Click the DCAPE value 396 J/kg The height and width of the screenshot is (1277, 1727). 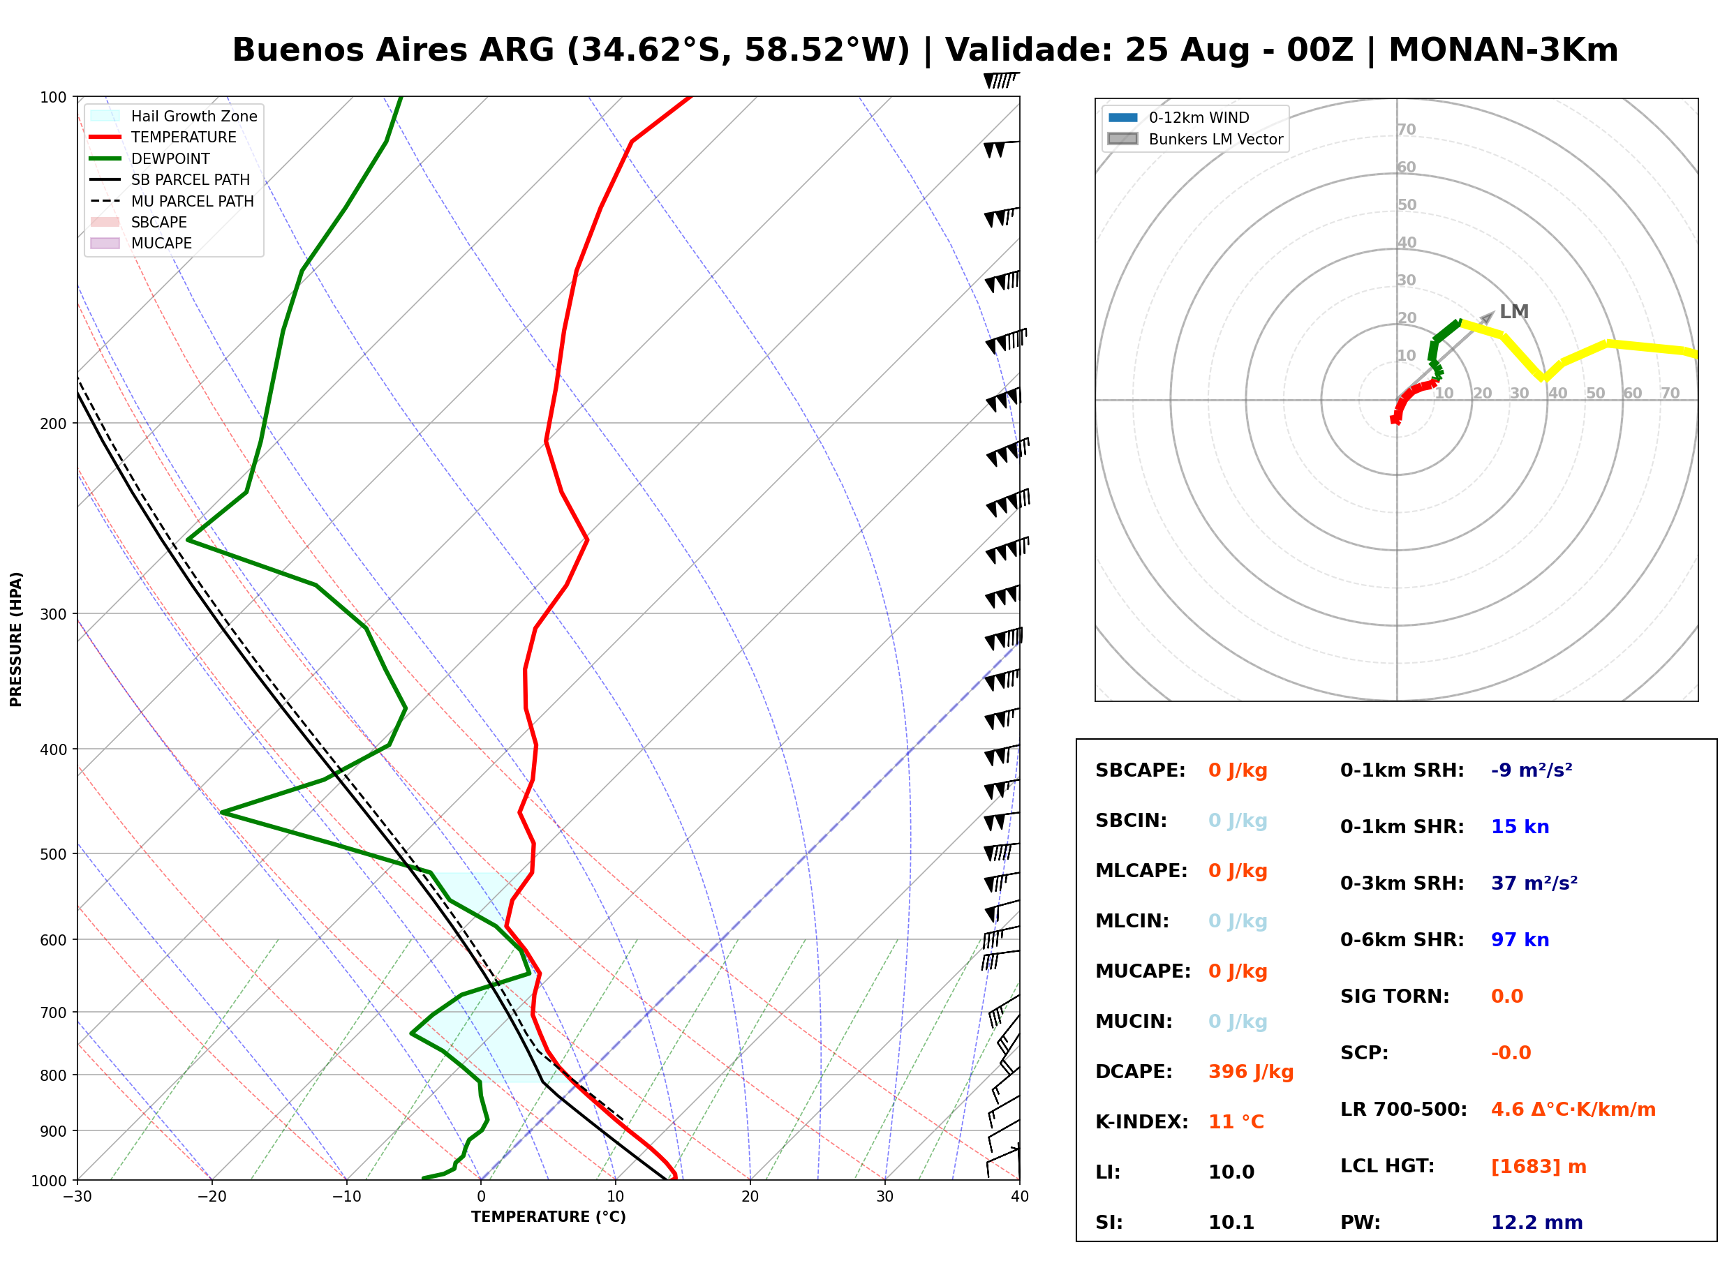coord(1251,1071)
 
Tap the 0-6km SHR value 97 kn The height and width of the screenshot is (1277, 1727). coord(1520,939)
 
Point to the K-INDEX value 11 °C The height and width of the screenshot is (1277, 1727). coord(1236,1121)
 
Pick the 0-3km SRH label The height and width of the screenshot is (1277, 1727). coord(1402,883)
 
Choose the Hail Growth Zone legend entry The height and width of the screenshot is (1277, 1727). coord(174,116)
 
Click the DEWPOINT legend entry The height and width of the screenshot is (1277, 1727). coord(150,158)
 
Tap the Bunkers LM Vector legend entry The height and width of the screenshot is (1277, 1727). coord(1195,139)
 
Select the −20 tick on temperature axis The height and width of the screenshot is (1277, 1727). coord(211,1197)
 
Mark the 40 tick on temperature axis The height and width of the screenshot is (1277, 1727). coord(1019,1197)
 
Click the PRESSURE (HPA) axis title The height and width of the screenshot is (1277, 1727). coord(16,639)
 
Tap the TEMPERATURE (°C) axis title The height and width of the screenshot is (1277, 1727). coord(548,1217)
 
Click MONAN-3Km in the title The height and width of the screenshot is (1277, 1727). coord(1503,50)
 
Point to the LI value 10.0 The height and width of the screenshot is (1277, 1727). coord(1231,1172)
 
